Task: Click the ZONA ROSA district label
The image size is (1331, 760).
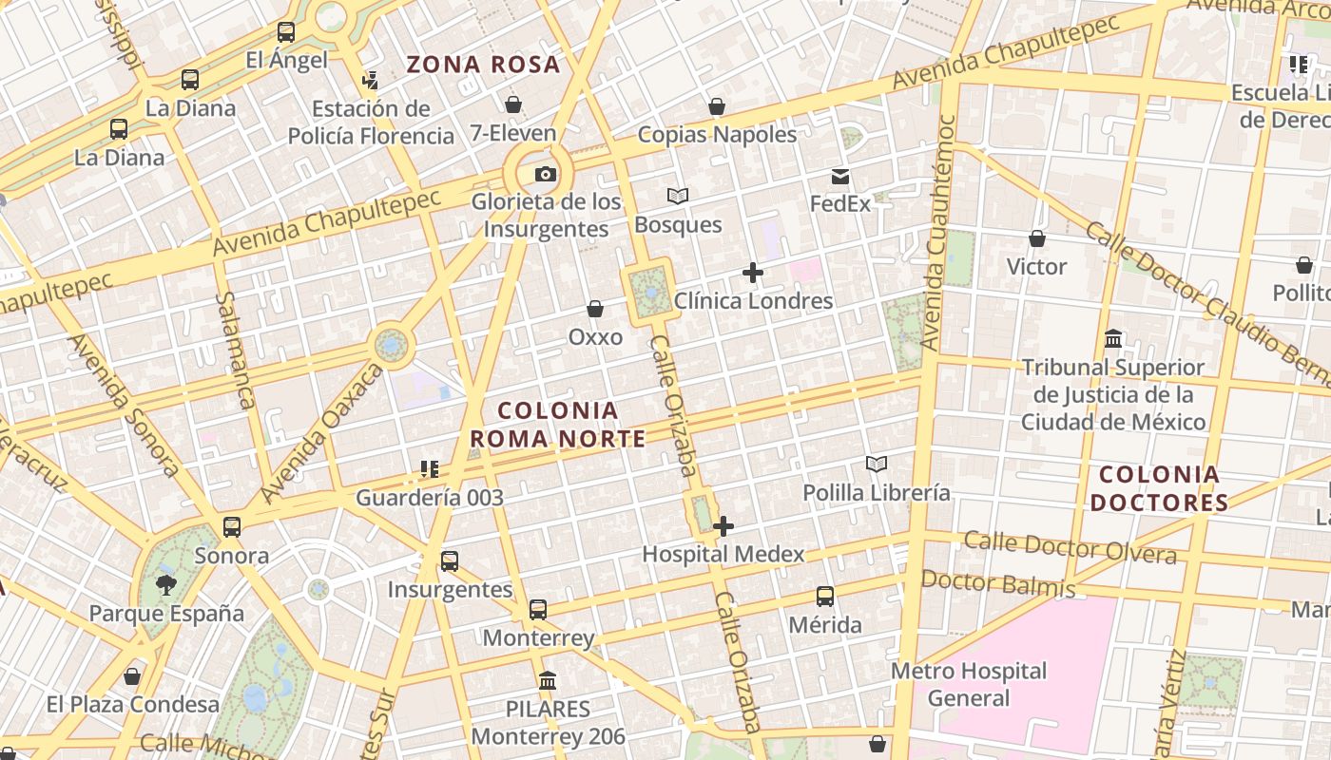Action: [483, 65]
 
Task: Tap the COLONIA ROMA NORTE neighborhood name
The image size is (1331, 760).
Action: [558, 425]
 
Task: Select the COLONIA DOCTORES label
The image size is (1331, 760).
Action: [1159, 488]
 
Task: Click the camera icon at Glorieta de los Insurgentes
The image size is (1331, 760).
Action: [545, 174]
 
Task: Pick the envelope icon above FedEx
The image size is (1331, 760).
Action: [840, 177]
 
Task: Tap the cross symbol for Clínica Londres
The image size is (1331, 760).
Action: [753, 274]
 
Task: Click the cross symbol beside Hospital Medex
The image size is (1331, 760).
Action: [723, 525]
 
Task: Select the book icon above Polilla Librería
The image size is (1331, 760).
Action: [877, 465]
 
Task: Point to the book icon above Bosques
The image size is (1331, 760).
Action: [678, 197]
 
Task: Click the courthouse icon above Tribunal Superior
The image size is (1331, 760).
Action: [1113, 339]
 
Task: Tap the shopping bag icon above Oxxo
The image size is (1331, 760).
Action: [595, 309]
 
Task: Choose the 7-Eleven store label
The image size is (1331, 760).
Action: [512, 133]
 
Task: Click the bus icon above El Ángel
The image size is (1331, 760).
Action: [286, 32]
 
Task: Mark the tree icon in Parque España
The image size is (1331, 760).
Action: [166, 584]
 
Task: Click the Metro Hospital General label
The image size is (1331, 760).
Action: [969, 684]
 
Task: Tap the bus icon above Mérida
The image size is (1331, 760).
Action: [825, 597]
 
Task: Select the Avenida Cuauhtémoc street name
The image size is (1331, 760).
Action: [938, 233]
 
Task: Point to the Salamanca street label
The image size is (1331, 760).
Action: [236, 350]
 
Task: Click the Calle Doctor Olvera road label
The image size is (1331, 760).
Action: [1070, 548]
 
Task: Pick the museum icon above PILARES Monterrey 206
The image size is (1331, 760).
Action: [548, 680]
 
